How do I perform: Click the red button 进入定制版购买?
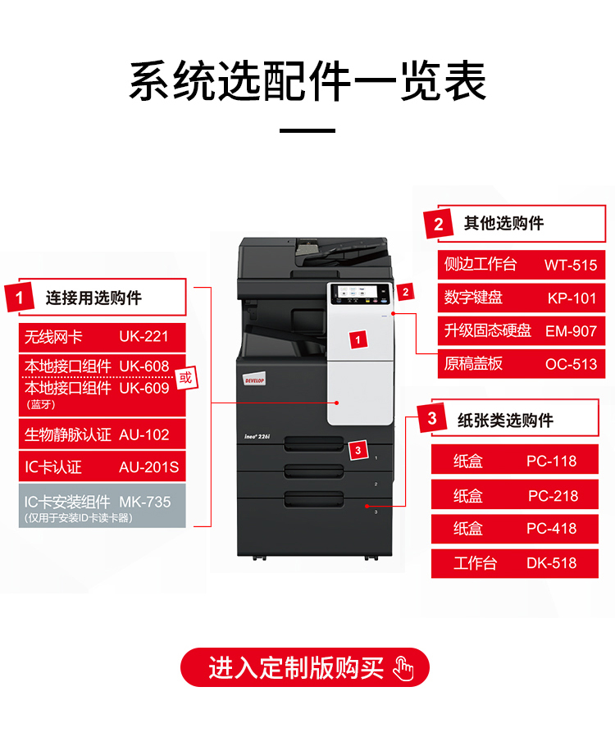tap(305, 667)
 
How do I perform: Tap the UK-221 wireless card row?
tap(102, 337)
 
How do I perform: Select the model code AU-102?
tap(143, 434)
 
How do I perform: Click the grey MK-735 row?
tap(102, 506)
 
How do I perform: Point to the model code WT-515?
tap(571, 265)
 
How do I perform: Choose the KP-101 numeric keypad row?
tap(521, 298)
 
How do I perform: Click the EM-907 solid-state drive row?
tap(521, 330)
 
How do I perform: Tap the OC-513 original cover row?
tap(521, 363)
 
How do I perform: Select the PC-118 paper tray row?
tap(514, 460)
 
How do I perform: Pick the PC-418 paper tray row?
tap(514, 529)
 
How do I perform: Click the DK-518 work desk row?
tap(514, 563)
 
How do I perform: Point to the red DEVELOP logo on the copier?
tap(254, 380)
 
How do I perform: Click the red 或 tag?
tap(185, 377)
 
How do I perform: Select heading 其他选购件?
tap(503, 223)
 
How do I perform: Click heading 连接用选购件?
tap(93, 298)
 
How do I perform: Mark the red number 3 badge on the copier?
tap(358, 450)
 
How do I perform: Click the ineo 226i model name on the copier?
tap(257, 437)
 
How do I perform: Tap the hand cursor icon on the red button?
tap(403, 668)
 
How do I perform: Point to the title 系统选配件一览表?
tap(307, 81)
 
